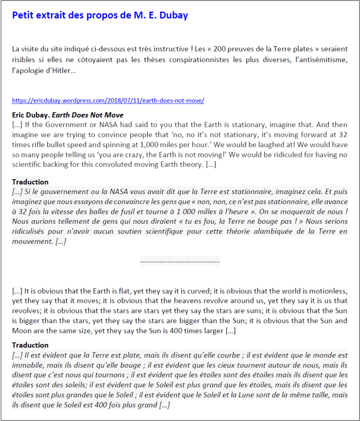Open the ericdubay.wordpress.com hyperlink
[x=108, y=100]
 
